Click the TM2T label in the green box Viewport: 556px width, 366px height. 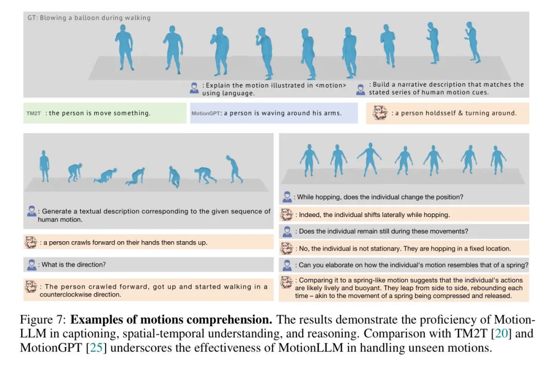(x=33, y=113)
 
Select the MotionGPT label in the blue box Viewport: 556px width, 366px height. (x=205, y=113)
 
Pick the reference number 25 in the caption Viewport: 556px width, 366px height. (x=96, y=347)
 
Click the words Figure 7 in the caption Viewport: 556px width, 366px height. (x=43, y=320)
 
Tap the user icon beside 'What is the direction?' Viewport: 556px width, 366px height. (x=31, y=264)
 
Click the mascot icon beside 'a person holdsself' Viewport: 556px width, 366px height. (x=380, y=113)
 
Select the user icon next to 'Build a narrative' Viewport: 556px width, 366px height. (x=360, y=90)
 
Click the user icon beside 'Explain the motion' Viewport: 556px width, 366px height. (x=194, y=88)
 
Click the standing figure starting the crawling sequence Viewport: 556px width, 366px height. (x=44, y=166)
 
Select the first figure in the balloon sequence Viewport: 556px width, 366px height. (x=124, y=47)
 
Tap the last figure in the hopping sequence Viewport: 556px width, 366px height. (x=498, y=160)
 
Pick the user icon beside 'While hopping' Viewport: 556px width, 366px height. (x=287, y=197)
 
